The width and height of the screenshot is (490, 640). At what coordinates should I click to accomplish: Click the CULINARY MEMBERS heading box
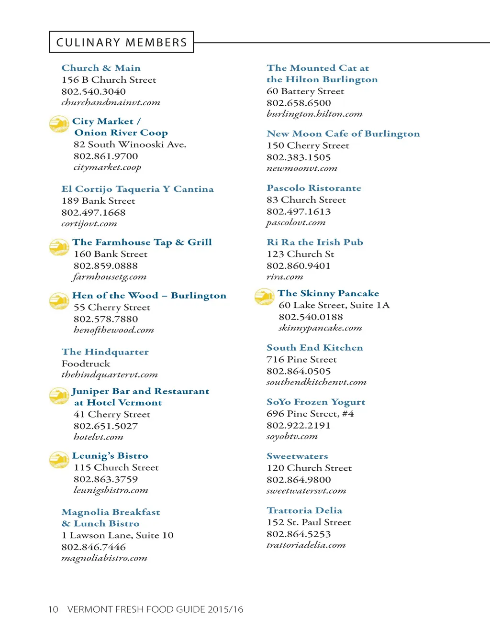point(122,42)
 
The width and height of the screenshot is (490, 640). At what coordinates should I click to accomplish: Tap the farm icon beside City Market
point(59,124)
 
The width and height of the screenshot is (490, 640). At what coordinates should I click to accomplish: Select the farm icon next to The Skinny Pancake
point(265,297)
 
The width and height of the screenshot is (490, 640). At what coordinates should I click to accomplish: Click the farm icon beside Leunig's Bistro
point(59,460)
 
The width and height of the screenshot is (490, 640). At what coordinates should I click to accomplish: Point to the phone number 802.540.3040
point(93,91)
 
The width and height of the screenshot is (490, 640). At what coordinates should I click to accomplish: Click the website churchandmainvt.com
point(111,102)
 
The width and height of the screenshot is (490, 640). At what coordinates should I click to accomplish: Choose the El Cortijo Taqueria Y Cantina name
point(137,189)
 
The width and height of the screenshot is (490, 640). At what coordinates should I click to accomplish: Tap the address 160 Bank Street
point(111,254)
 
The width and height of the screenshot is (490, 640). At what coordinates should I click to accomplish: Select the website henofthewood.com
point(114,330)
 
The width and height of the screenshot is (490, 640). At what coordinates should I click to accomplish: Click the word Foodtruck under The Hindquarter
point(86,364)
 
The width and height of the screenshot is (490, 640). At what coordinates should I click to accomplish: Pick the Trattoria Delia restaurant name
point(304,510)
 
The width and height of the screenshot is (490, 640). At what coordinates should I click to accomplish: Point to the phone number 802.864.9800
point(299,480)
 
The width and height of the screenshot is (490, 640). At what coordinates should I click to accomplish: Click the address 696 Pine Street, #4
point(310,414)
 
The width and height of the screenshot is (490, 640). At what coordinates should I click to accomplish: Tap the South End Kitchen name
point(315,348)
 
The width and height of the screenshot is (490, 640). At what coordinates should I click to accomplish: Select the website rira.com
point(285,277)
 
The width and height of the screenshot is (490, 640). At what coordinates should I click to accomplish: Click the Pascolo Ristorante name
point(314,188)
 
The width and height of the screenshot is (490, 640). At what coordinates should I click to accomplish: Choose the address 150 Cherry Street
point(308,145)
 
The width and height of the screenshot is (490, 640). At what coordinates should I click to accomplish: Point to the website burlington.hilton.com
point(314,114)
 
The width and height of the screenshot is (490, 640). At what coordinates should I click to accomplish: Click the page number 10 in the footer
point(53,609)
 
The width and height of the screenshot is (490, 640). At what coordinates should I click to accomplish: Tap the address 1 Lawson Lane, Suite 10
point(117,535)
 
